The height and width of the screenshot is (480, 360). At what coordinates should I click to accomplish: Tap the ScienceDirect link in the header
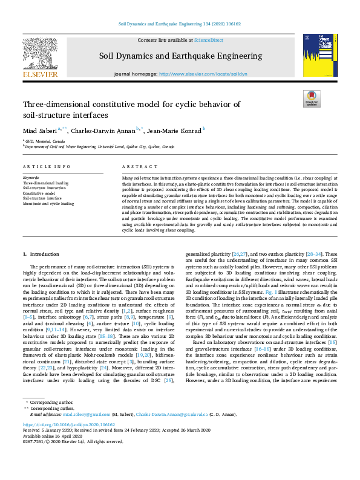208,40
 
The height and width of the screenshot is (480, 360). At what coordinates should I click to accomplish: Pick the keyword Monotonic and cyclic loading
48,203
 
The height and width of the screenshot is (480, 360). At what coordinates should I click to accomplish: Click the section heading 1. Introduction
41,255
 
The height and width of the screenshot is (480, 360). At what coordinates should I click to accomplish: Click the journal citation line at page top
180,25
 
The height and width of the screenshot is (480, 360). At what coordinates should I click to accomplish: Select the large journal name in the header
180,56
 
